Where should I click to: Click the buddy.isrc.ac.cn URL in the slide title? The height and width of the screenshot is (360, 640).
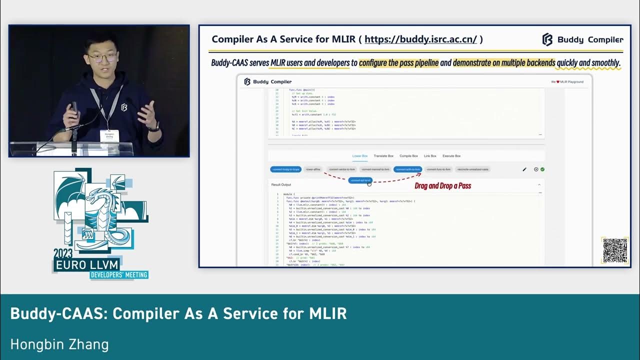(420, 39)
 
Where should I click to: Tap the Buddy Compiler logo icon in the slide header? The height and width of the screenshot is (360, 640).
(547, 39)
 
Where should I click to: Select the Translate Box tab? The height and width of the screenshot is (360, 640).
(383, 156)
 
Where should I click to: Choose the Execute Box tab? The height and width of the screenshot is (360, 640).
(451, 156)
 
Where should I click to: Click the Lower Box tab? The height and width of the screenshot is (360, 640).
(360, 156)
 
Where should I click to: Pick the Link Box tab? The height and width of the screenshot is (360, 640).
(430, 156)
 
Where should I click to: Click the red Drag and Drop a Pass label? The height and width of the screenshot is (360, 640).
(443, 186)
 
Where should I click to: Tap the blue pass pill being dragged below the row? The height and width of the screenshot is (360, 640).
(360, 180)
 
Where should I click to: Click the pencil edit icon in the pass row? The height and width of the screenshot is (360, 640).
(524, 169)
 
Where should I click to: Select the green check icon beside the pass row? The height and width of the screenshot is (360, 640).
(542, 169)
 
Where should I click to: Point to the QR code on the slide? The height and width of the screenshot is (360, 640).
(614, 250)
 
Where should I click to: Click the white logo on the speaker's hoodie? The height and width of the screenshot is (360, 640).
(123, 107)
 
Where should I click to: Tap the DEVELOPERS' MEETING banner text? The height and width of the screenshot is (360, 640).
(119, 274)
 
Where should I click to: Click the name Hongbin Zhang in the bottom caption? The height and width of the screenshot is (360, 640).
(59, 344)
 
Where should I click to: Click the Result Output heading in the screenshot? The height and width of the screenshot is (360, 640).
(281, 184)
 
